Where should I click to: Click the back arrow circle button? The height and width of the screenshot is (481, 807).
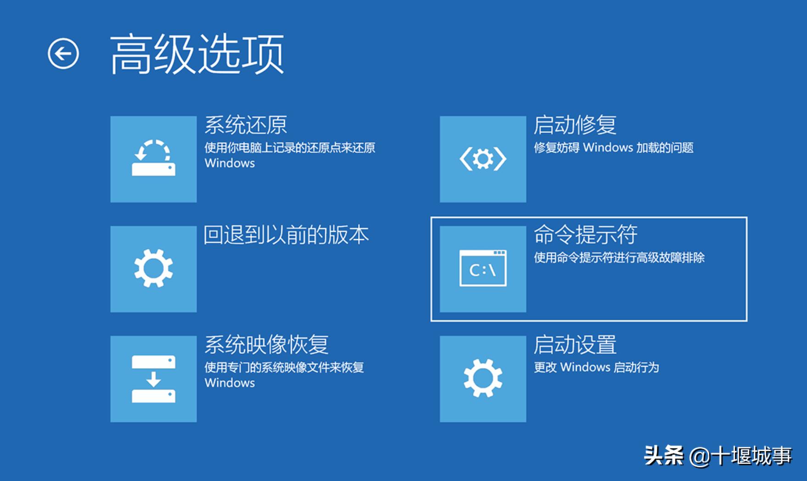63,54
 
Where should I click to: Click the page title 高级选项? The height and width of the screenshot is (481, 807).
197,54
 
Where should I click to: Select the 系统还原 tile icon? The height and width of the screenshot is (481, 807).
153,159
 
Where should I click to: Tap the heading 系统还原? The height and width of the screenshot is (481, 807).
246,125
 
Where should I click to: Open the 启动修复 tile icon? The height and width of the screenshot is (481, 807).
483,159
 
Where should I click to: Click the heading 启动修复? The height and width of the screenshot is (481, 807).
575,125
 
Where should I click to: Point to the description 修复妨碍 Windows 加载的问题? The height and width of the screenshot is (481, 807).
613,148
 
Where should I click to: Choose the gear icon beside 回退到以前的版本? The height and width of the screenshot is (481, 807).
153,268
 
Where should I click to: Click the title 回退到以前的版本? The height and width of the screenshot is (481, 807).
286,235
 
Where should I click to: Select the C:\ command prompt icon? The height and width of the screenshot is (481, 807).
483,268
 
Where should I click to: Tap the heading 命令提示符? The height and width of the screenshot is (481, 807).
585,235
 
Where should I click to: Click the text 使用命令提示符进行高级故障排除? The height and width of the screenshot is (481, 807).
619,258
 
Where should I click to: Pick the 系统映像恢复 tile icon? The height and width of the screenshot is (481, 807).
153,379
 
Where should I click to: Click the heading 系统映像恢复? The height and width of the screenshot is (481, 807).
267,345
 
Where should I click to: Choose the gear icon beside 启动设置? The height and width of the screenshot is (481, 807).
483,379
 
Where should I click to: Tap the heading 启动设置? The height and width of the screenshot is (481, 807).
575,345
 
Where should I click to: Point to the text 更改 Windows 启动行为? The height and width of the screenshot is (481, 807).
596,368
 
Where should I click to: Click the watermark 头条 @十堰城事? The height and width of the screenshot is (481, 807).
718,456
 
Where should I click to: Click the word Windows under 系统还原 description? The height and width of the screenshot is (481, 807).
229,163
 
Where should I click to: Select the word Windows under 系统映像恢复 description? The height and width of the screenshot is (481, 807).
229,383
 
